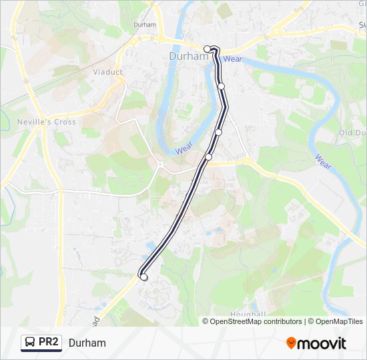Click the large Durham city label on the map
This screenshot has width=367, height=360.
point(189,57)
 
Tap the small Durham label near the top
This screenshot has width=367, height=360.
point(144,25)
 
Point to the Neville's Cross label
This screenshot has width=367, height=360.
point(47,122)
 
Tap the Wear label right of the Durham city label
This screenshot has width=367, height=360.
point(233,59)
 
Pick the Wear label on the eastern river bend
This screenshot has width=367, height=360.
point(323,161)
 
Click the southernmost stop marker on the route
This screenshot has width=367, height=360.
point(143,275)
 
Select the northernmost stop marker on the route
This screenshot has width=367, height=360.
point(208,48)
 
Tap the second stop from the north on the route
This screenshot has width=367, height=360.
point(221,86)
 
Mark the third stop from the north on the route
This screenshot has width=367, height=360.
point(218,132)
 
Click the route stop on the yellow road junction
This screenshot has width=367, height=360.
point(208,157)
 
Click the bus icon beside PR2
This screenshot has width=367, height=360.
point(30,343)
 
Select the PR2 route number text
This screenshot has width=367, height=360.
point(49,343)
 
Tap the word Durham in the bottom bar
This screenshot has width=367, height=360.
point(87,343)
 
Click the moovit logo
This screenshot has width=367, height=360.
point(316,343)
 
